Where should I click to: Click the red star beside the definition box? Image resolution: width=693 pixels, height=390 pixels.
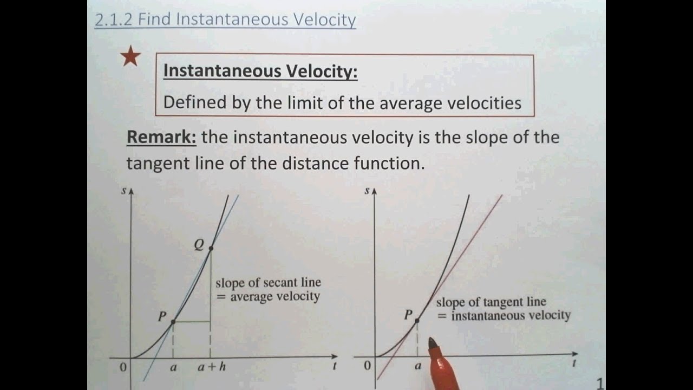pyautogui.click(x=130, y=56)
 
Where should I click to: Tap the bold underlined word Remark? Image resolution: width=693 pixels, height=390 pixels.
pyautogui.click(x=161, y=137)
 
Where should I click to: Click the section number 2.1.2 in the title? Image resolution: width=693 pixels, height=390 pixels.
pyautogui.click(x=114, y=19)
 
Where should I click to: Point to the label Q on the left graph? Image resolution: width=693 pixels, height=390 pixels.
pyautogui.click(x=199, y=245)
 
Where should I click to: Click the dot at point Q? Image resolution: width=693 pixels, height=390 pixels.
pyautogui.click(x=211, y=249)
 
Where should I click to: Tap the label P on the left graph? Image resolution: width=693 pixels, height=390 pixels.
pyautogui.click(x=162, y=317)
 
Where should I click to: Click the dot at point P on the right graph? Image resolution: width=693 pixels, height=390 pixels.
pyautogui.click(x=417, y=321)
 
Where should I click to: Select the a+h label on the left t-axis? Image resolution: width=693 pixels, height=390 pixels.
pyautogui.click(x=211, y=367)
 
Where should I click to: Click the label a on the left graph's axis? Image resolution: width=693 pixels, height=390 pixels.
pyautogui.click(x=173, y=367)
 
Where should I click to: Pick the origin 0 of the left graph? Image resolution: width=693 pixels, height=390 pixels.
pyautogui.click(x=123, y=367)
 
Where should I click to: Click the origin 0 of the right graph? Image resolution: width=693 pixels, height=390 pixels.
pyautogui.click(x=368, y=365)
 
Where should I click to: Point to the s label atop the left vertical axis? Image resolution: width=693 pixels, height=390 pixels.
pyautogui.click(x=124, y=191)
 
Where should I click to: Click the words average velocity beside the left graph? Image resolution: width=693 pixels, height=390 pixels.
pyautogui.click(x=275, y=297)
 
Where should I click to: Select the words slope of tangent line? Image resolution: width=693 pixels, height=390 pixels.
pyautogui.click(x=491, y=302)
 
